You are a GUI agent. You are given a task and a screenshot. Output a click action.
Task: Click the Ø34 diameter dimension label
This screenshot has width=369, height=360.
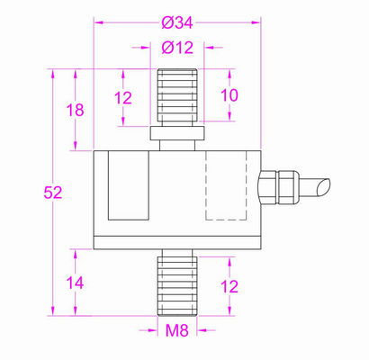pyautogui.click(x=177, y=22)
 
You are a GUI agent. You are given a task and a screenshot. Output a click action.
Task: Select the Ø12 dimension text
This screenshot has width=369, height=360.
pyautogui.click(x=177, y=48)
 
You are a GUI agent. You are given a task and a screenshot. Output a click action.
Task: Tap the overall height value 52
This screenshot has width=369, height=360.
pyautogui.click(x=53, y=193)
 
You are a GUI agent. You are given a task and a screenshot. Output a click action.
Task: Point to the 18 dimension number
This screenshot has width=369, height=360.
pyautogui.click(x=75, y=110)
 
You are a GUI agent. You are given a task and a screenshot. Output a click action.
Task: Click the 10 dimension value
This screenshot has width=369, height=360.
pyautogui.click(x=229, y=95)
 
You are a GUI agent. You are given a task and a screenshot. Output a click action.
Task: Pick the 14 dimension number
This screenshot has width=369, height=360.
pyautogui.click(x=75, y=283)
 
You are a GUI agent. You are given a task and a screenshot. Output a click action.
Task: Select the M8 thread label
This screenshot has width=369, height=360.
pyautogui.click(x=177, y=330)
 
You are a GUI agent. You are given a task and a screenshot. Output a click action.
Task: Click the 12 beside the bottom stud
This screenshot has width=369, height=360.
pyautogui.click(x=229, y=286)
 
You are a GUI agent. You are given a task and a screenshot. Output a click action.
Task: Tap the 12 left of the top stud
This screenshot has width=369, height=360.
pyautogui.click(x=123, y=98)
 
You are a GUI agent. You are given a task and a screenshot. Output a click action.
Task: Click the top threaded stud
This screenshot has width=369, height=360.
pyautogui.click(x=177, y=97)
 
